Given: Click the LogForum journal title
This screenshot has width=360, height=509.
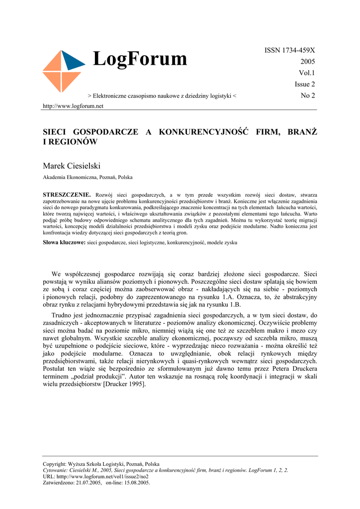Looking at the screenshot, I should (140, 59).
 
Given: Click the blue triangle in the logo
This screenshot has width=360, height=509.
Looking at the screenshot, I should (73, 60).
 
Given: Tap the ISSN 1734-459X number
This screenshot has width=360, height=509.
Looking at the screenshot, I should (290, 50).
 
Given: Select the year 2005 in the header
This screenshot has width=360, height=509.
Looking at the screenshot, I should (308, 62).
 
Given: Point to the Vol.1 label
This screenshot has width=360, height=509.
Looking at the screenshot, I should (307, 73).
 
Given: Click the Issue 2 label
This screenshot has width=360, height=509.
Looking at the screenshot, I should (305, 85).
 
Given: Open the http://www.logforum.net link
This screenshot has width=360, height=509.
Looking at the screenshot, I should (73, 106).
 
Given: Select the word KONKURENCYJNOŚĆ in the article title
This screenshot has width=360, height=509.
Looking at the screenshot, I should (203, 132).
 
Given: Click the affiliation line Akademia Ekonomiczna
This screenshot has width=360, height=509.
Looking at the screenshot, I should (88, 177).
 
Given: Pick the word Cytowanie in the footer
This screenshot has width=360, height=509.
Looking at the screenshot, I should (56, 470).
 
